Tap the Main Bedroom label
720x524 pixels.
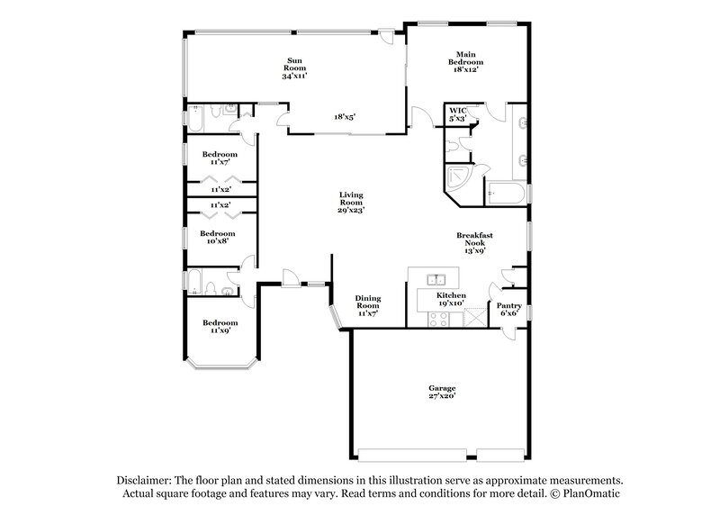click(466, 62)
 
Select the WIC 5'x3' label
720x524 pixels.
click(457, 114)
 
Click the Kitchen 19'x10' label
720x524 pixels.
click(450, 300)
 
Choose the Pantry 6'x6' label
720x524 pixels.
click(508, 309)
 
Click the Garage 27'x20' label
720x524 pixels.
click(441, 393)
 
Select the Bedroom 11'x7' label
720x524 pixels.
click(220, 157)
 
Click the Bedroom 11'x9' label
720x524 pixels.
click(220, 327)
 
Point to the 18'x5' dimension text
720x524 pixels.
click(346, 116)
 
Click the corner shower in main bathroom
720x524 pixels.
click(458, 176)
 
